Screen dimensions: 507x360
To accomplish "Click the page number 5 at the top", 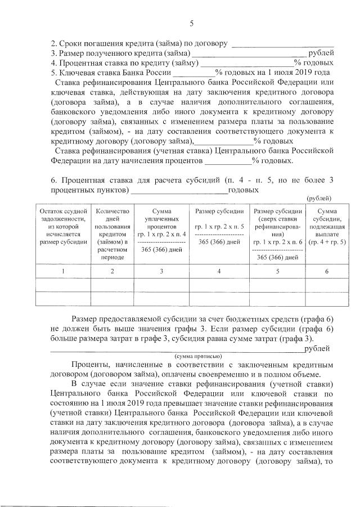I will pos(191,23).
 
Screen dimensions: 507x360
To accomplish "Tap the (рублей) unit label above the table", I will pos(319,198).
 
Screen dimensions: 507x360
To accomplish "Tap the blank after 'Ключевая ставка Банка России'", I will pos(193,74).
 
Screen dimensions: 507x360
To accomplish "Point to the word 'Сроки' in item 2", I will pos(70,44).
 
